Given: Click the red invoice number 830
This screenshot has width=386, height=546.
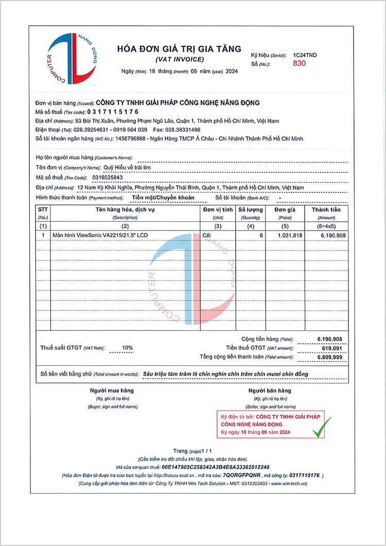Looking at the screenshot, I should (x=299, y=63).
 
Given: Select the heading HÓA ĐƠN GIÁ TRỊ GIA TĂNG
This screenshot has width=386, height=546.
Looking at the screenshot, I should (x=179, y=49).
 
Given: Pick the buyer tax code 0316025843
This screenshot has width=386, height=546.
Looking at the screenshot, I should (x=108, y=178).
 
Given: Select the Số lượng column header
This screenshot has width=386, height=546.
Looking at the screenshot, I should (x=250, y=209).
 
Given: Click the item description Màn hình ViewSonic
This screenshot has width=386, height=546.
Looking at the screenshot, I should (x=100, y=235).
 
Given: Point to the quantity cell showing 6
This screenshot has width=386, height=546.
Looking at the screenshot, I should (x=261, y=235).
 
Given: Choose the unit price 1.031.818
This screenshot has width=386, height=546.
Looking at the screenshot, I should (x=290, y=235).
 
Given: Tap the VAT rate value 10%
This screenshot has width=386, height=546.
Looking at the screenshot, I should (x=127, y=348).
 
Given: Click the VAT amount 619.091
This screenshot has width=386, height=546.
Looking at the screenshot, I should (x=331, y=348).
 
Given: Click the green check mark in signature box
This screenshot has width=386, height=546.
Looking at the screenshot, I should (x=322, y=427).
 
